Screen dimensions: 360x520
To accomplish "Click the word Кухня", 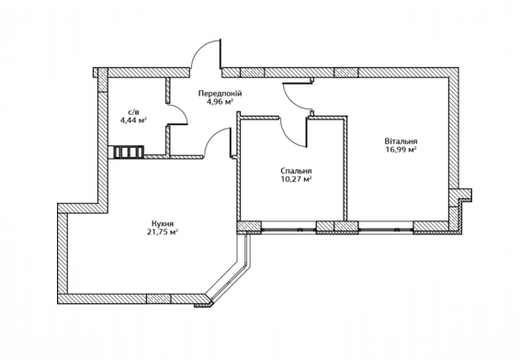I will click(164, 223).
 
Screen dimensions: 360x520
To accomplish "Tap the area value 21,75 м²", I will click(164, 232).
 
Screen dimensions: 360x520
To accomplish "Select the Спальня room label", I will click(295, 171).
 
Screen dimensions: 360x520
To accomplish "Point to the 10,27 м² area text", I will click(296, 180).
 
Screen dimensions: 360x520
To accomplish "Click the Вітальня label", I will click(401, 141).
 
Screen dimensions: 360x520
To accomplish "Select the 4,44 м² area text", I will click(133, 119).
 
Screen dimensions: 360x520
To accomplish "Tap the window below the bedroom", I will click(289, 226).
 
